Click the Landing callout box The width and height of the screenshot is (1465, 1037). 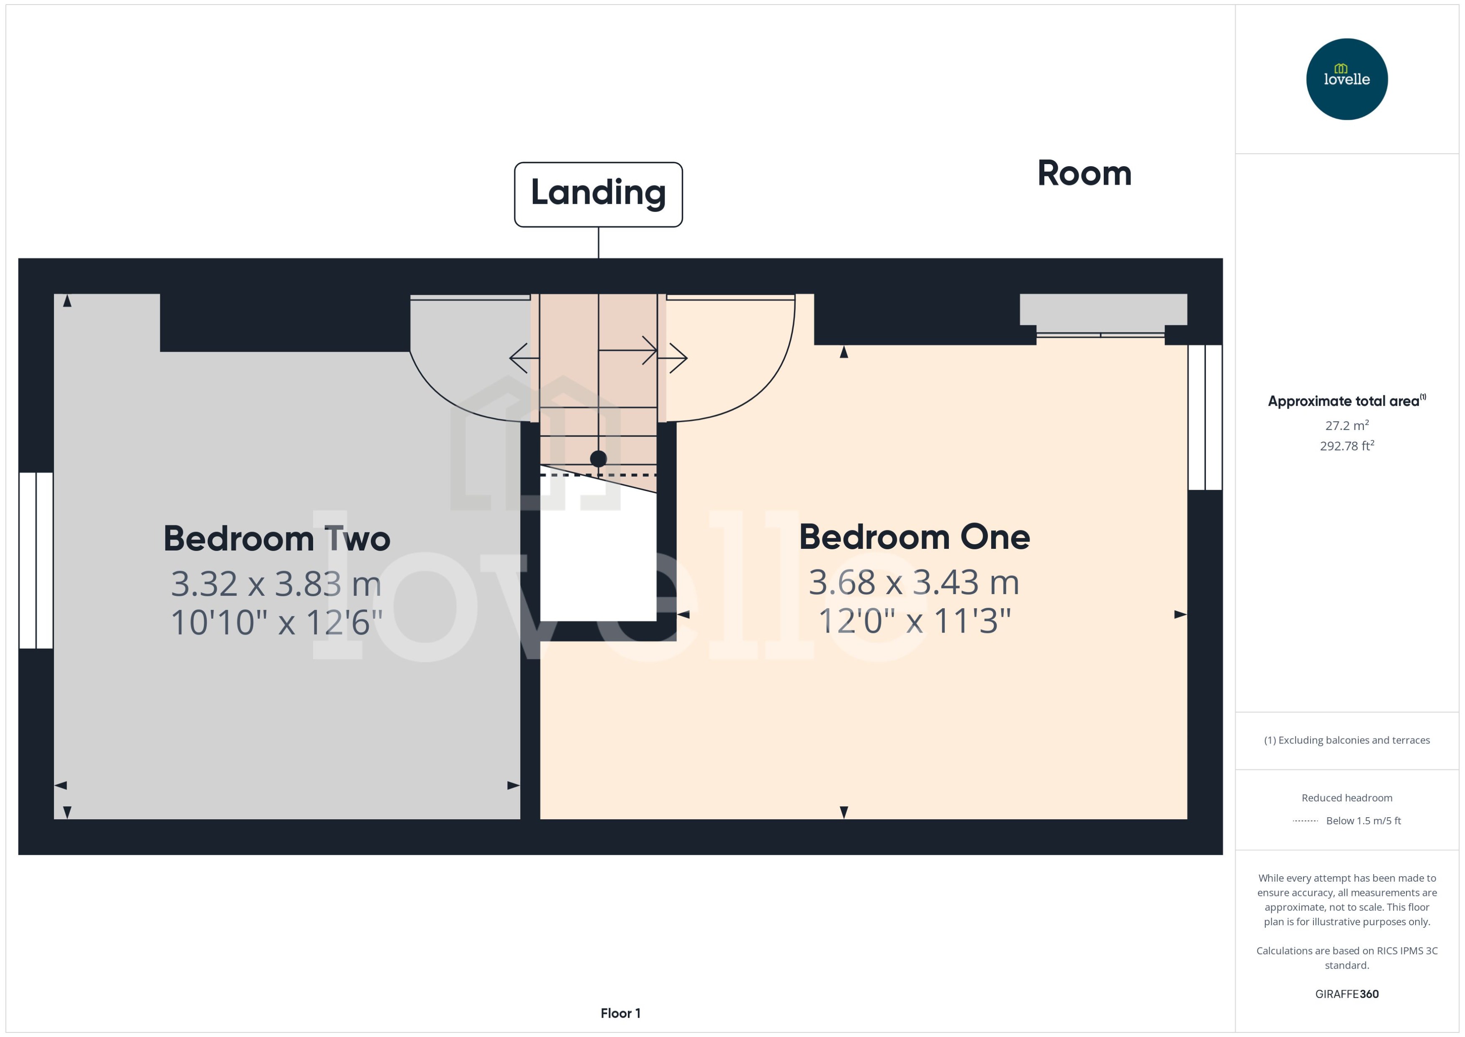pyautogui.click(x=598, y=194)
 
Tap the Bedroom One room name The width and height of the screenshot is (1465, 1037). pyautogui.click(x=914, y=537)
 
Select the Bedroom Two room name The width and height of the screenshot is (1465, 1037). pyautogui.click(x=276, y=539)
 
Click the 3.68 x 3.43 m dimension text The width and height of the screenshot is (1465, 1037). pyautogui.click(x=913, y=582)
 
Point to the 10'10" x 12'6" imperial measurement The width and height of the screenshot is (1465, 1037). pyautogui.click(x=276, y=623)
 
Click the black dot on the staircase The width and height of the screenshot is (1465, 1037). pyautogui.click(x=598, y=458)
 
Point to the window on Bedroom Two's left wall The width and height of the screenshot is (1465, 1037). pyautogui.click(x=36, y=560)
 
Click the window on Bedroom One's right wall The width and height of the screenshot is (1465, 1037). pyautogui.click(x=1205, y=417)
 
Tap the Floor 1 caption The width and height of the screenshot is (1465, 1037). pyautogui.click(x=620, y=1013)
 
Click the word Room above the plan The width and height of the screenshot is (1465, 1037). pyautogui.click(x=1084, y=174)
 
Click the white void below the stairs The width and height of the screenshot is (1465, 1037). pyautogui.click(x=598, y=562)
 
